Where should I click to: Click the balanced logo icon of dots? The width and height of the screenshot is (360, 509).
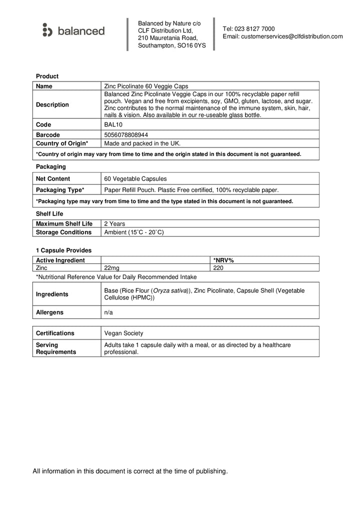click(x=47, y=30)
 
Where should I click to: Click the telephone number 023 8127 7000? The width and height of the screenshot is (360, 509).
click(x=255, y=29)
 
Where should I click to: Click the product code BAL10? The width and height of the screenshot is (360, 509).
click(x=112, y=124)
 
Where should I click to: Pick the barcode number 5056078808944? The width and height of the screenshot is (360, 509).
click(x=125, y=135)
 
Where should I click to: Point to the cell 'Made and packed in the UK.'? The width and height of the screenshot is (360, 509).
click(x=142, y=143)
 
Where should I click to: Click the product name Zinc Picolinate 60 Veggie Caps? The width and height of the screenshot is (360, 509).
click(x=146, y=86)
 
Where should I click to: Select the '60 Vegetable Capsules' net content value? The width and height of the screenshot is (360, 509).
click(x=135, y=178)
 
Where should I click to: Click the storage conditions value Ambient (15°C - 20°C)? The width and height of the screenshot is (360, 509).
click(x=133, y=232)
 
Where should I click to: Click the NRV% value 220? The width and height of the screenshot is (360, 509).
click(x=218, y=267)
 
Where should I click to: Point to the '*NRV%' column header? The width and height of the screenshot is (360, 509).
click(x=223, y=260)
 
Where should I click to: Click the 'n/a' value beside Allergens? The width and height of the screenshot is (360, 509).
click(x=108, y=312)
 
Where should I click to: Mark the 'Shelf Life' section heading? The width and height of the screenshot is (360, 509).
click(x=49, y=213)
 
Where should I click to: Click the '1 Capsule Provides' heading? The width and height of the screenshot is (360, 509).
click(x=63, y=250)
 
